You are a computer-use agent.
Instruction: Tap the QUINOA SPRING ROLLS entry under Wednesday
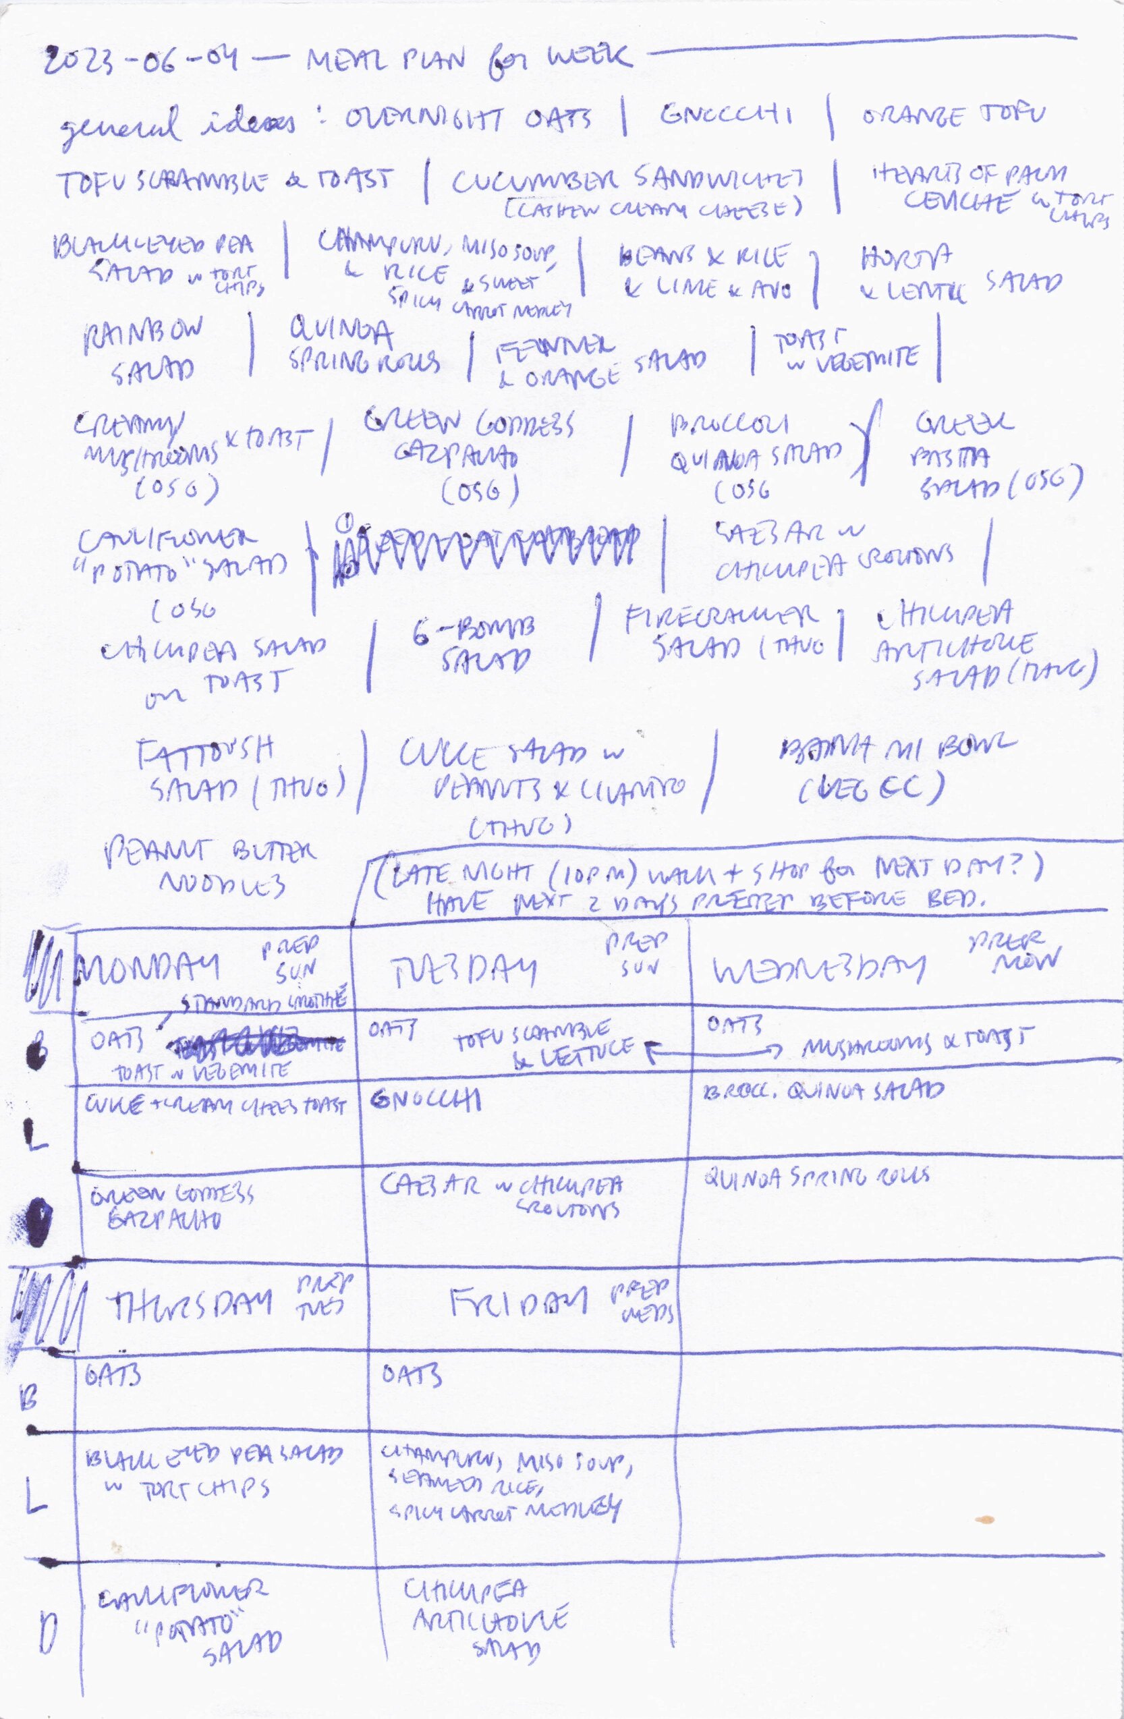pos(816,1177)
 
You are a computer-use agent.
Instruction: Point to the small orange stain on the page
pos(984,1515)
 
